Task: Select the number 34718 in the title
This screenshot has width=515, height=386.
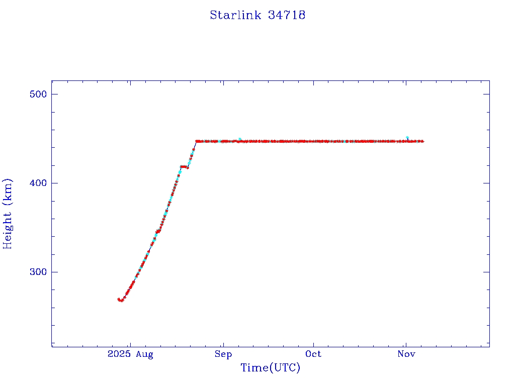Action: click(x=287, y=15)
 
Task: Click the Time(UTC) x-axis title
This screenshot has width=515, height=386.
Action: click(x=271, y=368)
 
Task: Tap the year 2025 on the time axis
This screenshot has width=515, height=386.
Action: click(x=119, y=354)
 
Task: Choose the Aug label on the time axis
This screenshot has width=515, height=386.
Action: click(x=144, y=354)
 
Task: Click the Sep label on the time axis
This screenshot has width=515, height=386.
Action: click(x=223, y=354)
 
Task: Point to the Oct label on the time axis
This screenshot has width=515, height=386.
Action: click(x=313, y=354)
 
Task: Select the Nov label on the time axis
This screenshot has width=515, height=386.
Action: click(x=406, y=354)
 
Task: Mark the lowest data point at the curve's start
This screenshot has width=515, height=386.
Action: click(x=121, y=301)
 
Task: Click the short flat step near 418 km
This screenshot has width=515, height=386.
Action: click(x=184, y=166)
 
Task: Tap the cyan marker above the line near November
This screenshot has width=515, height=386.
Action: click(x=407, y=138)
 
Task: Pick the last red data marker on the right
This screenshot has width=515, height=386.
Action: click(x=422, y=141)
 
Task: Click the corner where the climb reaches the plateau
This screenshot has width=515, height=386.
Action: click(x=196, y=141)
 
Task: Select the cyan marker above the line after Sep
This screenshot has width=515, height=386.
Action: click(x=240, y=139)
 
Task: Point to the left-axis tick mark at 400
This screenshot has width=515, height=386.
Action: click(x=53, y=183)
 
